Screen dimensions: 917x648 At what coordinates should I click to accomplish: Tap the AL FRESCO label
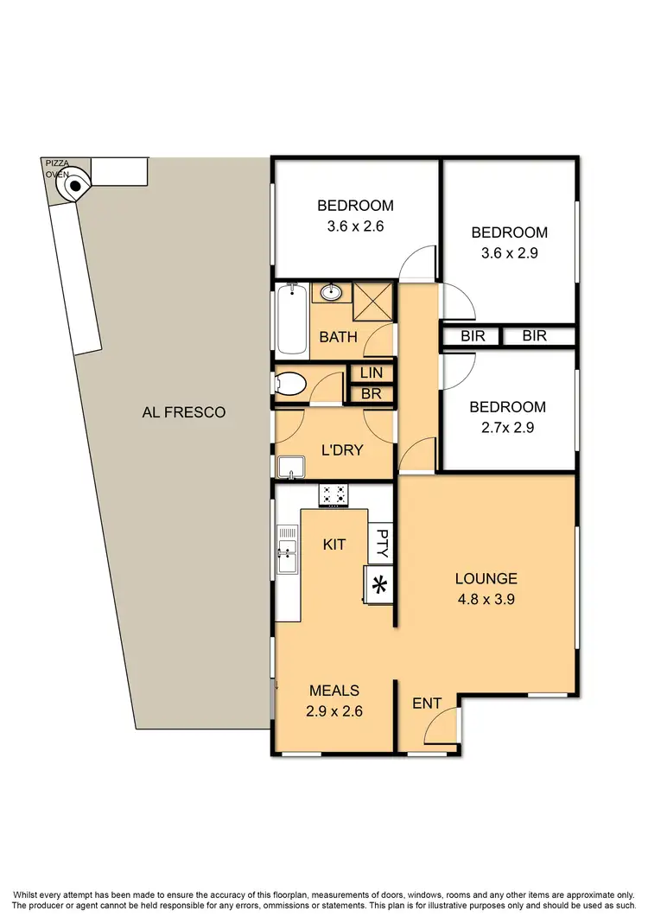(183, 412)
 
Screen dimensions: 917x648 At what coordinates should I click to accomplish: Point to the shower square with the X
(374, 302)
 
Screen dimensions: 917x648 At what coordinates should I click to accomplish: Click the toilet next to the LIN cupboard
(289, 384)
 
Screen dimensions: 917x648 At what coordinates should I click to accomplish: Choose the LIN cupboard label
(371, 373)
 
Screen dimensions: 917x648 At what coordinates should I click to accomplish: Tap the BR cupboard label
(371, 394)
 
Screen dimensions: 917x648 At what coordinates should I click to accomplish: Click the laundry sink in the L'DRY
(290, 468)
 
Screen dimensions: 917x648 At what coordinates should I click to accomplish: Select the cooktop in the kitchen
(334, 495)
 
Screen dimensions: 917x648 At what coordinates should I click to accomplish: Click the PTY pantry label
(380, 544)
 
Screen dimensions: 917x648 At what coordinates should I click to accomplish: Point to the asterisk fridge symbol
(378, 585)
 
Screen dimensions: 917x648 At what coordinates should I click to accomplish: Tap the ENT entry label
(427, 704)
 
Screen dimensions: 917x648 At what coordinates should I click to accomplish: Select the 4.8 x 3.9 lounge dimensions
(486, 600)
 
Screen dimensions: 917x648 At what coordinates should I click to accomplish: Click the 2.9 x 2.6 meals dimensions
(334, 712)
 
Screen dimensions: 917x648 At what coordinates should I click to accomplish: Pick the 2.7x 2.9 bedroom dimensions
(507, 428)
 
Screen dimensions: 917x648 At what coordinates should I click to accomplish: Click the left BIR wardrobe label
(473, 336)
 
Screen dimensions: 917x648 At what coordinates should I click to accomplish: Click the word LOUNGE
(486, 579)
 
